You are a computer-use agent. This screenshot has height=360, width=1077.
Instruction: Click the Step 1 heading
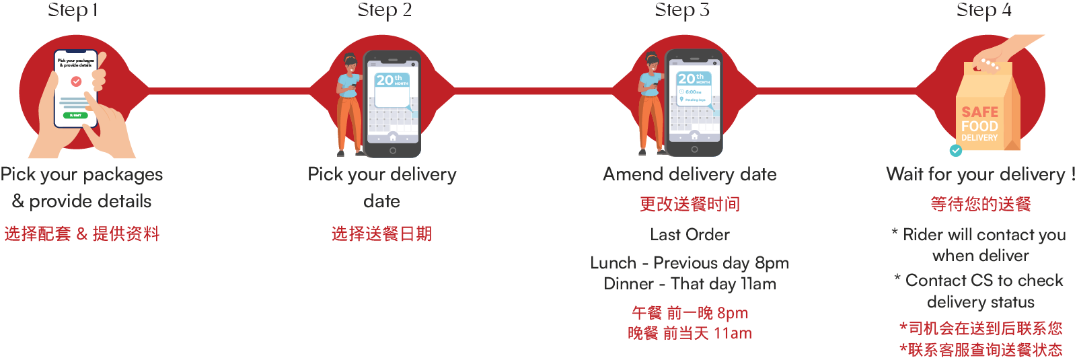(73, 10)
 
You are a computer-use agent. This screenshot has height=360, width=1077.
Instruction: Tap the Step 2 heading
(384, 10)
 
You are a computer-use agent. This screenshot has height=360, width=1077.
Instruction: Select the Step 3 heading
(681, 10)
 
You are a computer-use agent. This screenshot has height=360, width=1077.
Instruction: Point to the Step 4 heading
(983, 10)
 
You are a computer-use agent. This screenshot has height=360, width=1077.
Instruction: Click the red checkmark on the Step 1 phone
(76, 81)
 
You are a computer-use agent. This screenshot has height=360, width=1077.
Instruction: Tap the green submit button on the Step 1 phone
(75, 115)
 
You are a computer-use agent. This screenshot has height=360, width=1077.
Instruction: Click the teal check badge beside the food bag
(955, 151)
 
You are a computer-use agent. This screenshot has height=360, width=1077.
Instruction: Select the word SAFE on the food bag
(979, 112)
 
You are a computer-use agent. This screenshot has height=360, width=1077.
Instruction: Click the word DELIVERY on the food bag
(979, 138)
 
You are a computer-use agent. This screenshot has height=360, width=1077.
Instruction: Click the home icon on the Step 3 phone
(694, 136)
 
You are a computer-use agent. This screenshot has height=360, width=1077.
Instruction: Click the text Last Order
(690, 235)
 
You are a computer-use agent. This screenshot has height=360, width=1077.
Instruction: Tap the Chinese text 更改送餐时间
(690, 205)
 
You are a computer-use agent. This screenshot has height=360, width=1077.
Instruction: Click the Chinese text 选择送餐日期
(381, 234)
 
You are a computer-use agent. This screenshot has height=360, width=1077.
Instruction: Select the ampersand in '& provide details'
(18, 201)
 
